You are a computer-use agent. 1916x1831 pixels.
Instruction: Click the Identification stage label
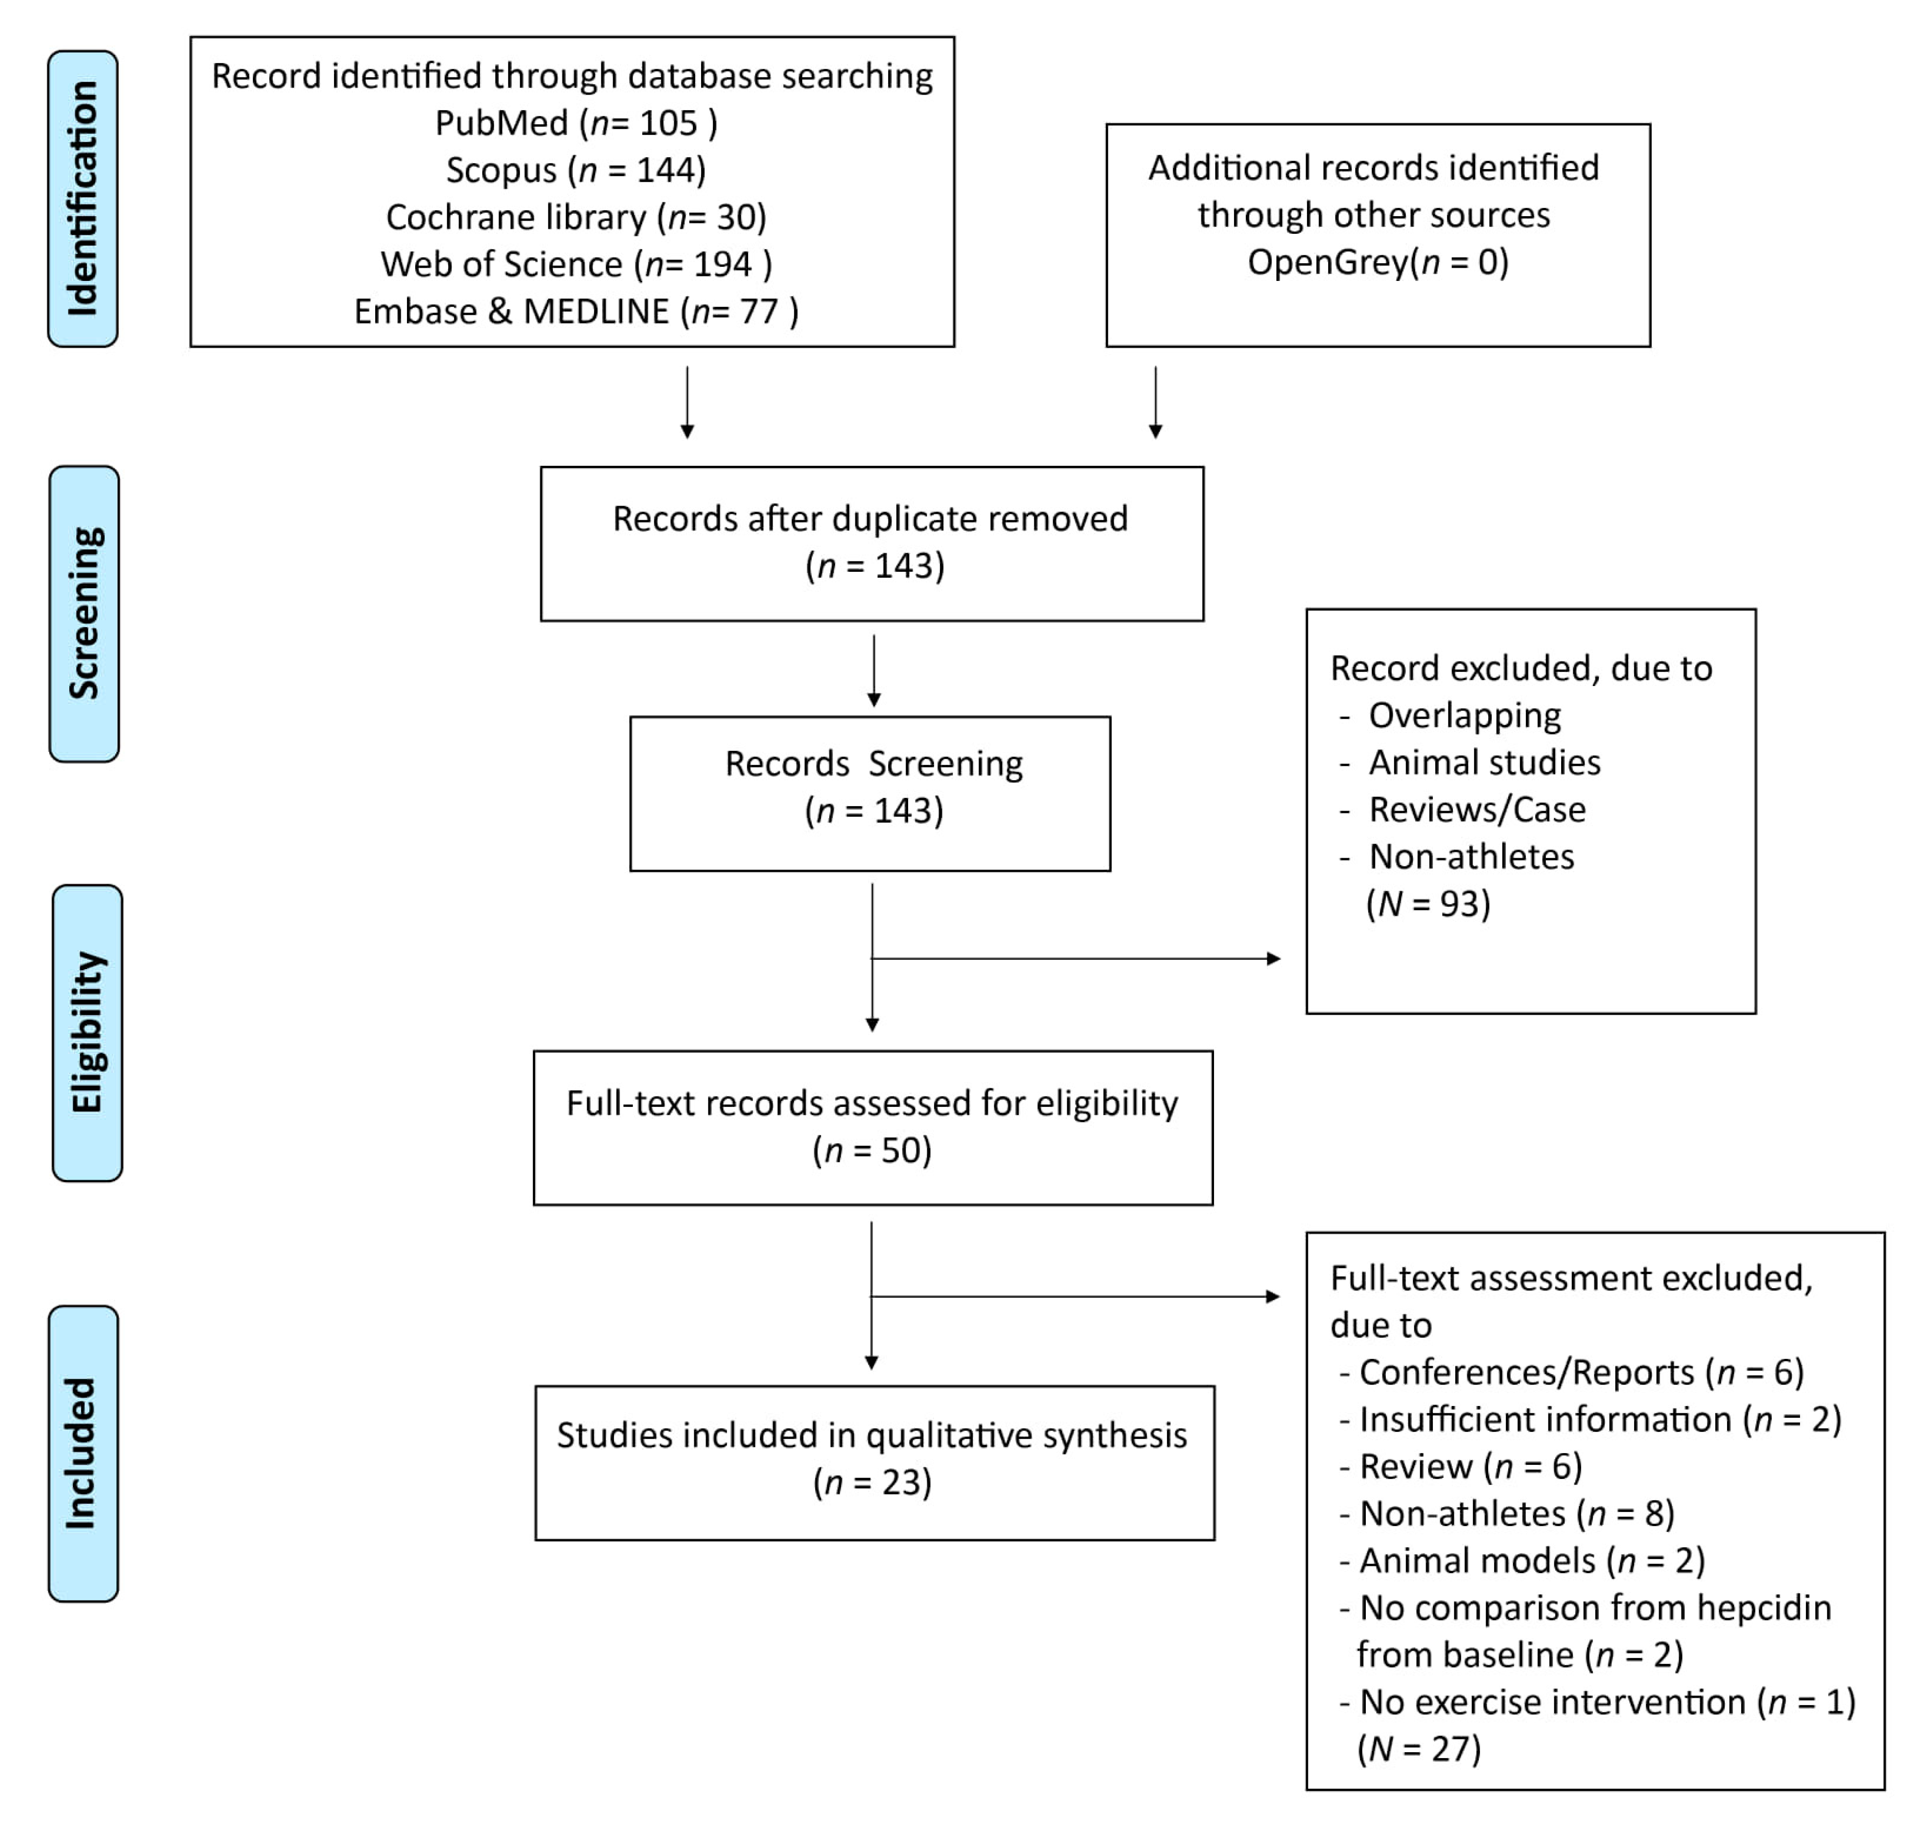coord(83,199)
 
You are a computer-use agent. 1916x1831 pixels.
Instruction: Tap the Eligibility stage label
coord(87,1033)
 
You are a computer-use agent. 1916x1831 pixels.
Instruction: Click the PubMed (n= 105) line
coord(576,123)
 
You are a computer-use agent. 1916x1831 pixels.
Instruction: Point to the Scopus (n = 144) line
coord(576,170)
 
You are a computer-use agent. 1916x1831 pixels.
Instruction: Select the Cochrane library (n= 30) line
coord(576,217)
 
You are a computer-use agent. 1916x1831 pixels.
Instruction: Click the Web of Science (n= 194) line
coord(576,264)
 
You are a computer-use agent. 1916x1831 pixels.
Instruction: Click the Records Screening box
coord(870,793)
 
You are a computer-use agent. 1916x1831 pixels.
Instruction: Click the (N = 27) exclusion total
coord(1418,1749)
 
